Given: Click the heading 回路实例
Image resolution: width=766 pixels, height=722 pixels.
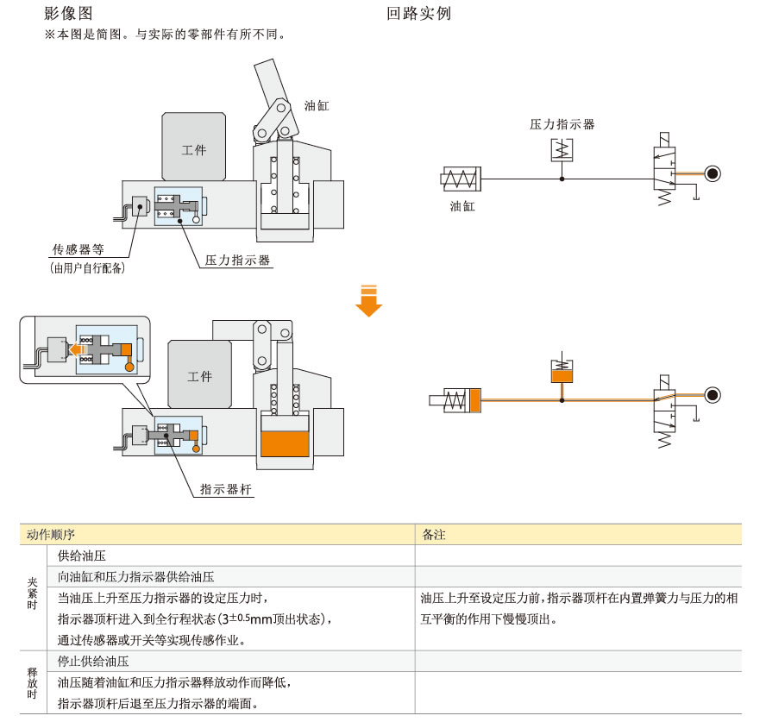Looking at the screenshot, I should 419,14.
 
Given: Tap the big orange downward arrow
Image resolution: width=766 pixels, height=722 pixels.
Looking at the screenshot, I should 369,299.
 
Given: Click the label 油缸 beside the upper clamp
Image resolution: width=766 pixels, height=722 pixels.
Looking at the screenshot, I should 317,106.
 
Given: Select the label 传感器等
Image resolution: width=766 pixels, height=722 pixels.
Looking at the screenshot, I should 78,250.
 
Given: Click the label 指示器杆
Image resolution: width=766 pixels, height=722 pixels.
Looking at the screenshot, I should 227,489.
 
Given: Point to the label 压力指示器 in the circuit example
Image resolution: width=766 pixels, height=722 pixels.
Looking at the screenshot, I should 562,124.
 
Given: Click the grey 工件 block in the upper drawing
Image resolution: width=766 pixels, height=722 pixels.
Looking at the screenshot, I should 193,148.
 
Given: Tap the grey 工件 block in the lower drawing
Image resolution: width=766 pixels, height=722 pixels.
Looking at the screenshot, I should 199,376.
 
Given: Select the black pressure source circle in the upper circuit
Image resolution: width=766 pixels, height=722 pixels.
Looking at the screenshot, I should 713,173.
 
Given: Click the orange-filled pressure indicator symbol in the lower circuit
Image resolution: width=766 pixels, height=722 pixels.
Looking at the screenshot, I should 562,374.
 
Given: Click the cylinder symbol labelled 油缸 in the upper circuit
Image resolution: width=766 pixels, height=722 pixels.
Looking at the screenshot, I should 462,179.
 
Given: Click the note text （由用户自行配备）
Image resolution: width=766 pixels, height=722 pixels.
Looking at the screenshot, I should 88,269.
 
